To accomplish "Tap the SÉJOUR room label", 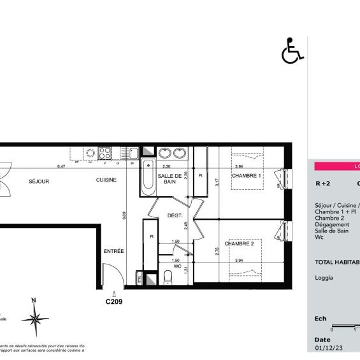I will coord(39,181).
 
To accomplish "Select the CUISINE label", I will coord(106,181).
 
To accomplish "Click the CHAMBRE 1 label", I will coord(247,176).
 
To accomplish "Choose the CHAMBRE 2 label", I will coord(239,244).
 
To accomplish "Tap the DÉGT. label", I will coord(175,217).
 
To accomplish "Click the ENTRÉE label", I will coord(113,251).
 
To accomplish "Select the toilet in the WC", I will coord(168,277).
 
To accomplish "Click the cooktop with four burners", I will coord(104,153).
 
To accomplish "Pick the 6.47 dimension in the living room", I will coord(61,166).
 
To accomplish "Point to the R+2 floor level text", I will coord(323,184).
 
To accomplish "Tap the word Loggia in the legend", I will coord(324,277).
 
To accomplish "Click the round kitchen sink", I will coord(92,153).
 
